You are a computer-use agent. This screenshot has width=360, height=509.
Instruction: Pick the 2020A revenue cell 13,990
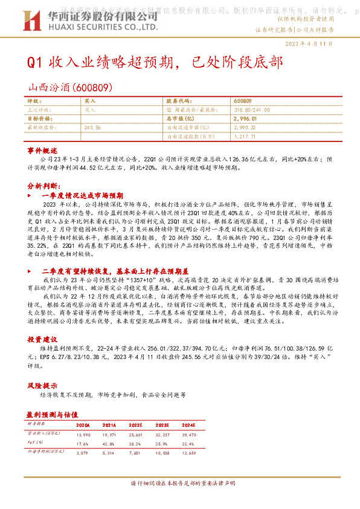83,435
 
